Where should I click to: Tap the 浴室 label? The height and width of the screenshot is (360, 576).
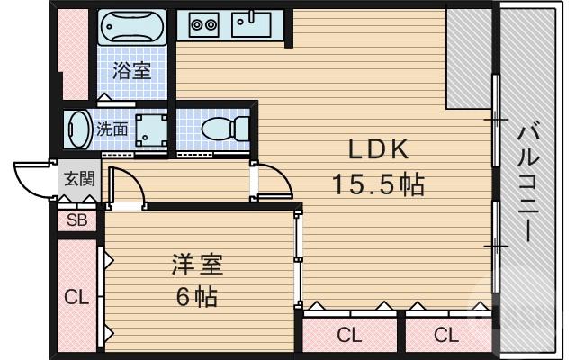[131, 70]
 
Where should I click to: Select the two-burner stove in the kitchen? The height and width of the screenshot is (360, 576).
[203, 25]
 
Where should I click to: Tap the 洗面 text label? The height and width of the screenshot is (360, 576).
[112, 129]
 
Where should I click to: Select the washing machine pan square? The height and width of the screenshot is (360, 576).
[150, 129]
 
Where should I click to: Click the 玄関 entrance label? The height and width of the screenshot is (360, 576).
[76, 178]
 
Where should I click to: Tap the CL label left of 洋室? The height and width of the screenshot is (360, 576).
[76, 297]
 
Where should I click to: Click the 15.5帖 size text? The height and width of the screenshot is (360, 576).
[377, 184]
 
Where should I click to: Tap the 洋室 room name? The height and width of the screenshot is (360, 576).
[197, 265]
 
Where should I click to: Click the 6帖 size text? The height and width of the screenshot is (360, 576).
[197, 296]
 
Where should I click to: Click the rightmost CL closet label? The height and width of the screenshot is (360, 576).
[445, 336]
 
